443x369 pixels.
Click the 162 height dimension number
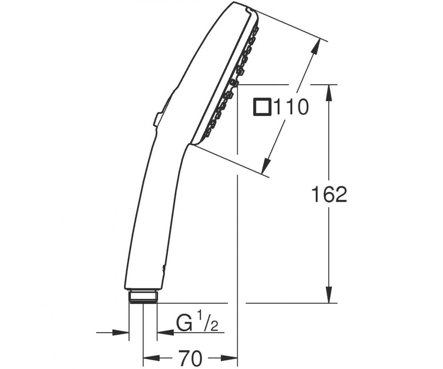pyautogui.click(x=329, y=194)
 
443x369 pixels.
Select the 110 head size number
pyautogui.click(x=290, y=107)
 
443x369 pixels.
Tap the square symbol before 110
pyautogui.click(x=262, y=107)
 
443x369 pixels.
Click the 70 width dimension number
pyautogui.click(x=190, y=352)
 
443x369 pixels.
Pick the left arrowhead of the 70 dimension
pyautogui.click(x=151, y=352)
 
